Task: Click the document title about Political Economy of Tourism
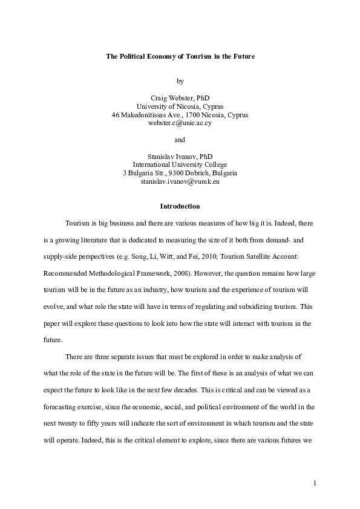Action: (x=180, y=56)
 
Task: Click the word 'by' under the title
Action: (x=180, y=80)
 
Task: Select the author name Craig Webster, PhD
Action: (x=180, y=97)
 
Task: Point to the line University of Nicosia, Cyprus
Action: (x=180, y=106)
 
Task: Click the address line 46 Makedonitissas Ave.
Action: (x=180, y=114)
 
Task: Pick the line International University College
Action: (x=180, y=164)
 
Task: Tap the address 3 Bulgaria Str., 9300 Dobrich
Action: (x=180, y=173)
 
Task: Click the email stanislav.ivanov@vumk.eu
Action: (x=180, y=181)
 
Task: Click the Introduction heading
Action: (x=180, y=206)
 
